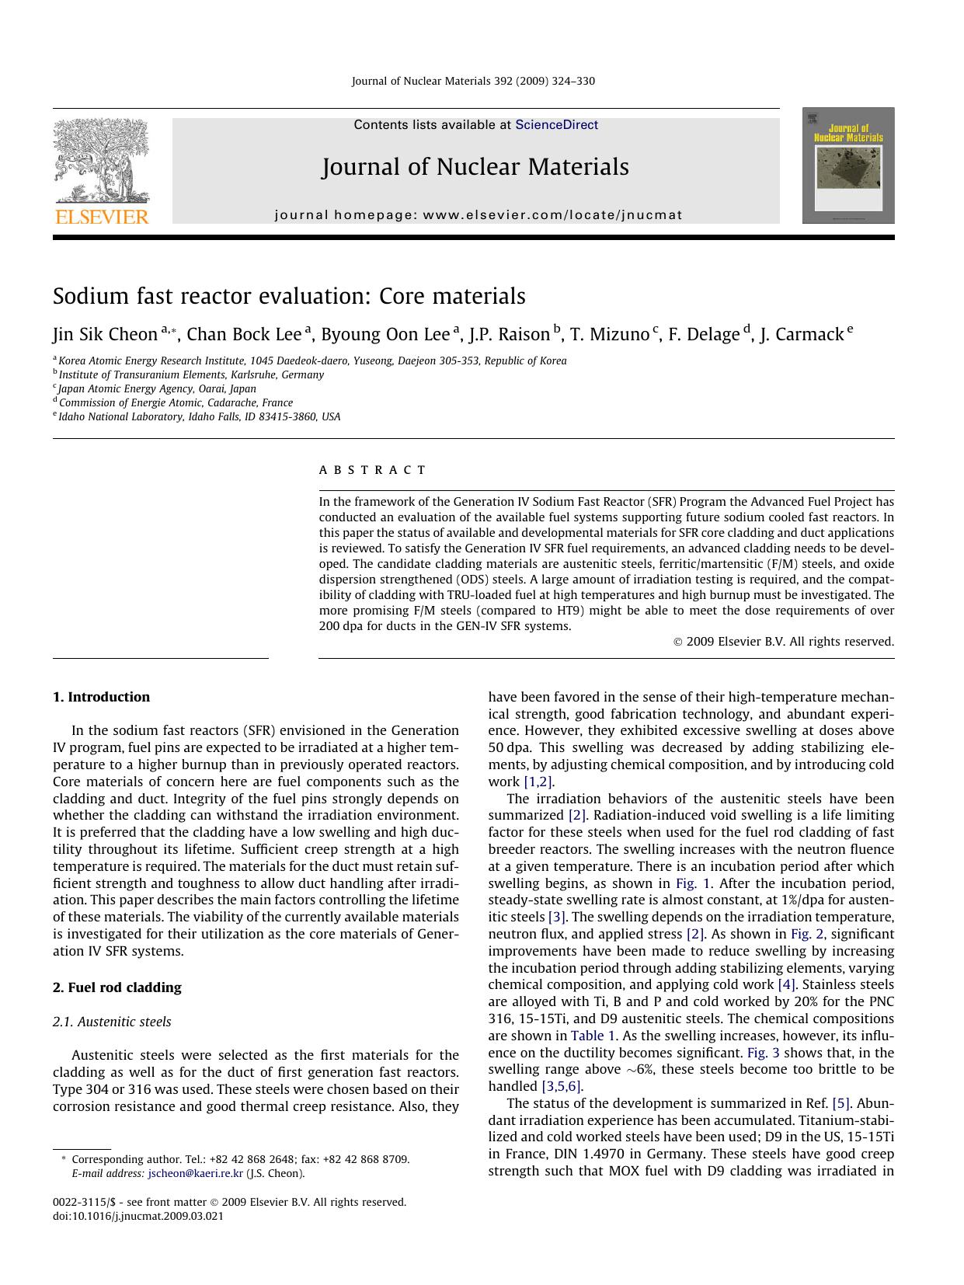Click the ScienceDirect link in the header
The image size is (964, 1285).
(x=556, y=124)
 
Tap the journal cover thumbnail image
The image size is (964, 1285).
(x=847, y=165)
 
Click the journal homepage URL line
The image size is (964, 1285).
(x=479, y=215)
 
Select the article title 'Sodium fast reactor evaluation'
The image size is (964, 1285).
(x=289, y=296)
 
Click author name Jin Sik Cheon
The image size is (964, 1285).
(x=105, y=335)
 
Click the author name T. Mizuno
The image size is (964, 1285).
(x=609, y=335)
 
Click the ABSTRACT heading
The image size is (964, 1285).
(x=372, y=470)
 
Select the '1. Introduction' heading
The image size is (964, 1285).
(x=101, y=697)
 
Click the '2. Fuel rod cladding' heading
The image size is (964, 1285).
(x=117, y=987)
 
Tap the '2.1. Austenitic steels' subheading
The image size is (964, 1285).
(x=112, y=1022)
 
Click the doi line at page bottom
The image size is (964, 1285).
(x=137, y=1216)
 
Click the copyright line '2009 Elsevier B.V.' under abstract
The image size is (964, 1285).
(x=783, y=642)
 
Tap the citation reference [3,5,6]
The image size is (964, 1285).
(x=559, y=1086)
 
